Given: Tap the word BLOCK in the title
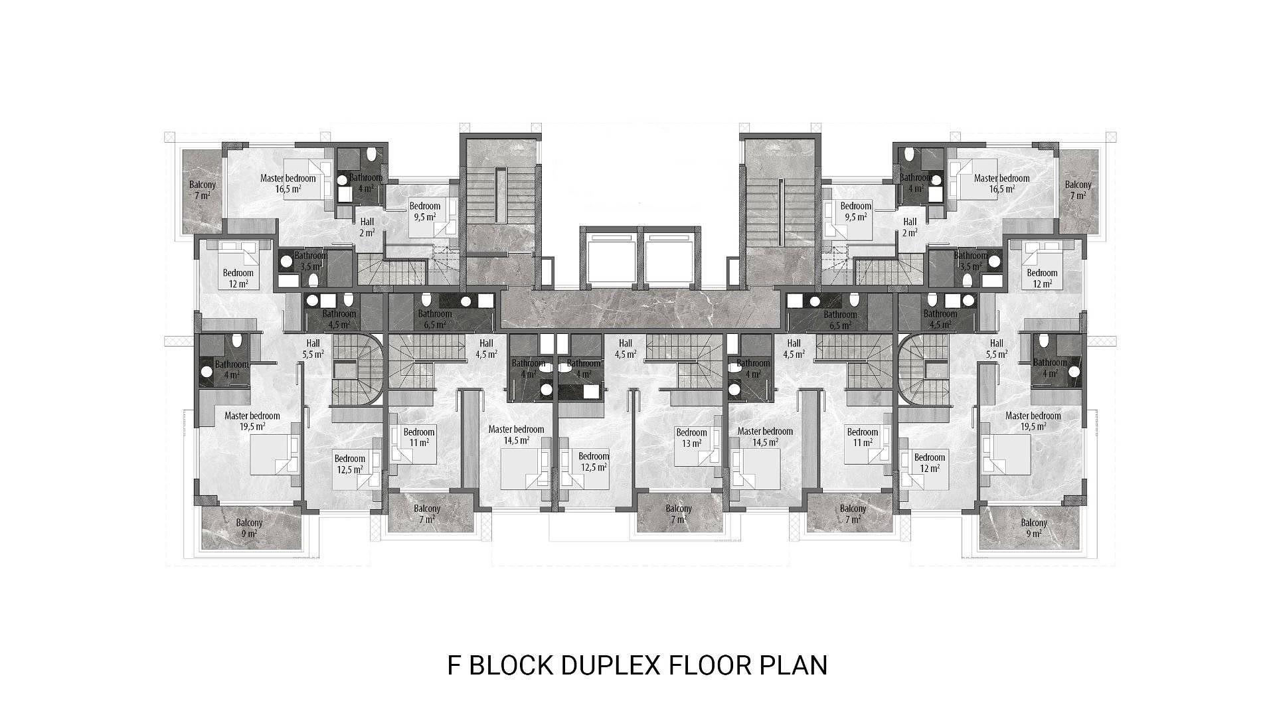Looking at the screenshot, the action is [x=511, y=665].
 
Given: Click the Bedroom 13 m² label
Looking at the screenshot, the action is [x=691, y=438].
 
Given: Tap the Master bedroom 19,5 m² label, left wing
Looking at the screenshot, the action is [x=252, y=421].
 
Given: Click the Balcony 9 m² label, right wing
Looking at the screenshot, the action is [x=1034, y=528].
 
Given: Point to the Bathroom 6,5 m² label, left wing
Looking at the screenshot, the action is [x=435, y=319].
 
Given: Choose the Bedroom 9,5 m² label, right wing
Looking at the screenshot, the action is [x=855, y=211].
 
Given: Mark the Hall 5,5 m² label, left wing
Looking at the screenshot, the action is [x=313, y=349].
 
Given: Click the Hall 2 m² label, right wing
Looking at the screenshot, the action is [x=910, y=227].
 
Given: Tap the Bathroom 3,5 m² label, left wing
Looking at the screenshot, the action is [x=310, y=261].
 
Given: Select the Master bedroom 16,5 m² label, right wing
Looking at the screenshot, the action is [x=1001, y=183].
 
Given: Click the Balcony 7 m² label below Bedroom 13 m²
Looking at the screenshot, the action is [x=679, y=514].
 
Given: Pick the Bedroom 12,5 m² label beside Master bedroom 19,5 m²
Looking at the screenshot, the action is [x=350, y=463].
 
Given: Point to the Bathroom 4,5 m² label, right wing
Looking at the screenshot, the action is [x=940, y=319].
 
